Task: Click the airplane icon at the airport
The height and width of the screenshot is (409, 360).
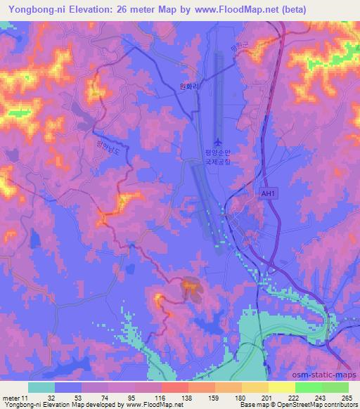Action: point(216,143)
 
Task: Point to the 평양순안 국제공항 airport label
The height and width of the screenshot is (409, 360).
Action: point(217,156)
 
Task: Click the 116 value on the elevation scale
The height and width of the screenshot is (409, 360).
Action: point(160,397)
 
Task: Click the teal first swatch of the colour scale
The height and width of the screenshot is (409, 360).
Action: point(41,387)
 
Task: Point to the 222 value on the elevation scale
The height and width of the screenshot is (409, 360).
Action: point(291,397)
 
